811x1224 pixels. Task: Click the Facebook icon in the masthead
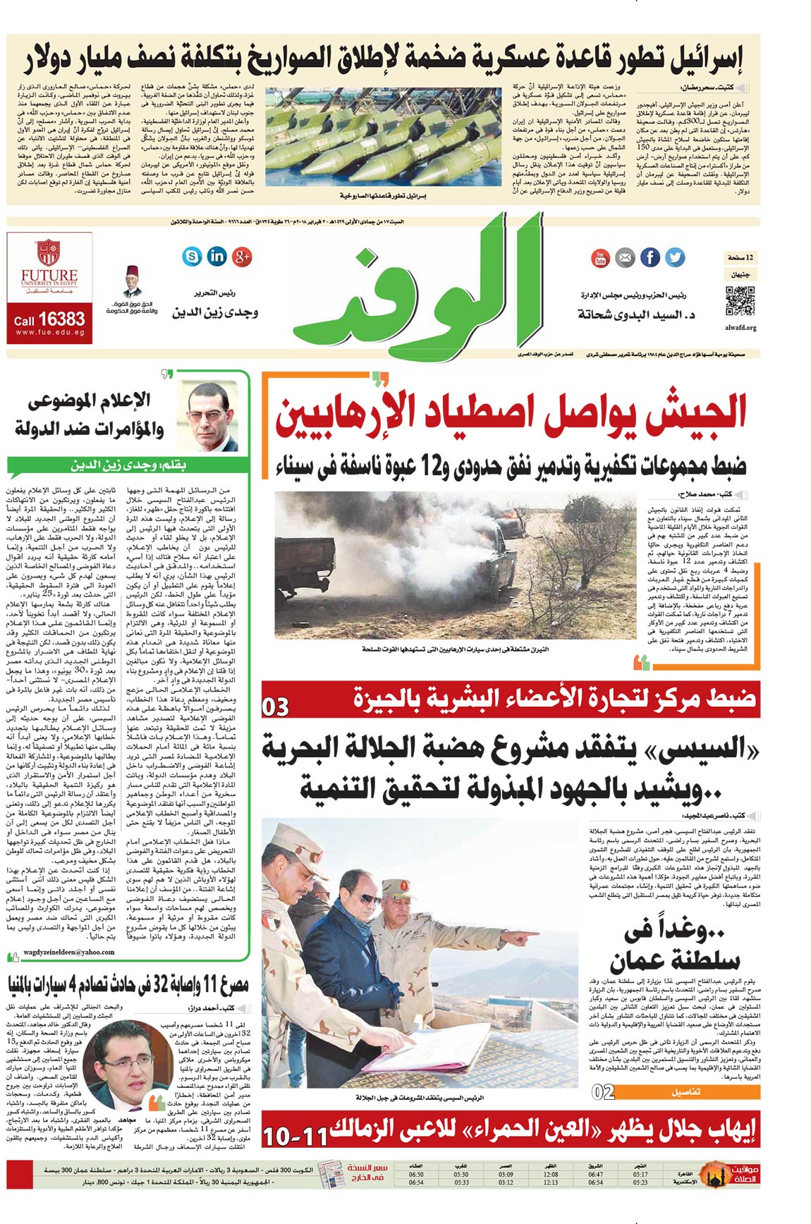[x=650, y=257]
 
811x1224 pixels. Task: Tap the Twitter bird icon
[x=676, y=257]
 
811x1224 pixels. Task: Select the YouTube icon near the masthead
[x=599, y=258]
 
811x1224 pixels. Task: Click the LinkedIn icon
[x=217, y=256]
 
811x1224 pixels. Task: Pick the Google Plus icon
[x=242, y=256]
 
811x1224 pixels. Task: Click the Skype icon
[x=192, y=256]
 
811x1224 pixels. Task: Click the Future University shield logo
[x=49, y=251]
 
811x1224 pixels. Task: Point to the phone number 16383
[x=61, y=319]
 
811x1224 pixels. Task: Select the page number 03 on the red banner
[x=276, y=706]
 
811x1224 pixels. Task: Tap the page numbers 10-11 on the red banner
[x=295, y=1137]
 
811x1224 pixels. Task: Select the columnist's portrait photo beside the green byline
[x=214, y=417]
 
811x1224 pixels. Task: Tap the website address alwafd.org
[x=740, y=328]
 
